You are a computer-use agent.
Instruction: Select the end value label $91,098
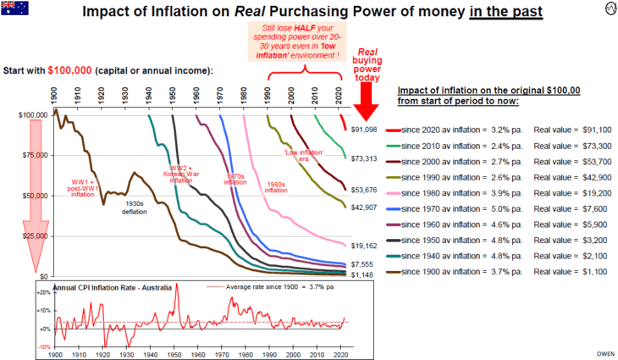(x=363, y=130)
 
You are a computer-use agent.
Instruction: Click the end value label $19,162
(x=363, y=246)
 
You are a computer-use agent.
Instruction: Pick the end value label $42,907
(x=363, y=208)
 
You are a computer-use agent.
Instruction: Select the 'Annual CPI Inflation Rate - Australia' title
(x=108, y=288)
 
